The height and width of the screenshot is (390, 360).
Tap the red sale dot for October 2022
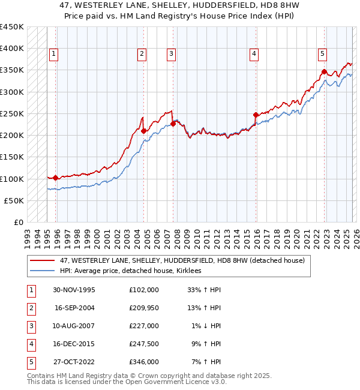click(324, 71)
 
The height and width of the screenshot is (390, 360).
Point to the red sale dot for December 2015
click(256, 115)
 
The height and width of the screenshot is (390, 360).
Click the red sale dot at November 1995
click(56, 178)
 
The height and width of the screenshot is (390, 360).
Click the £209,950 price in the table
click(143, 308)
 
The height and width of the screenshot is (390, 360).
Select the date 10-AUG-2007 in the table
click(74, 326)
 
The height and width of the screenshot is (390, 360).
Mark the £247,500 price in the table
click(143, 344)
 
